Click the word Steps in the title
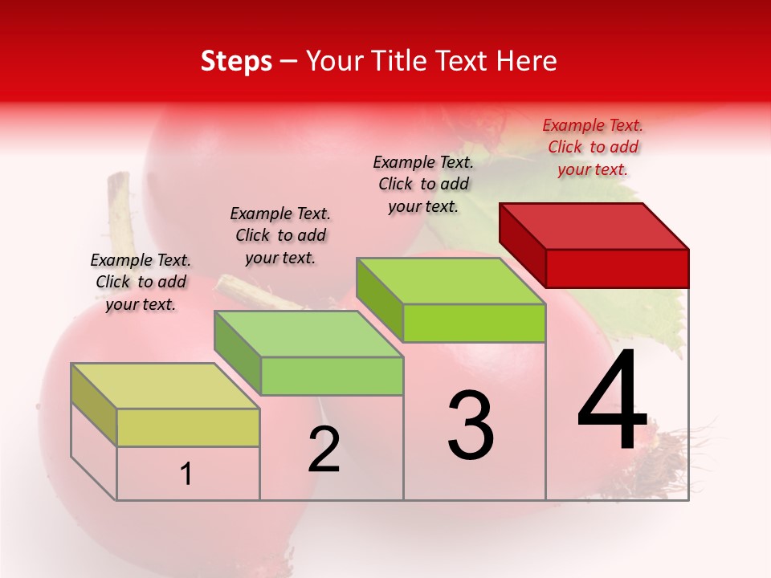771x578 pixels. click(x=236, y=62)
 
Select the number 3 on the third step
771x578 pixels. click(x=471, y=425)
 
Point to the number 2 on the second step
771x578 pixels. click(x=324, y=450)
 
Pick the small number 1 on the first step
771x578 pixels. click(x=186, y=474)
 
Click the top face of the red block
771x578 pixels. click(x=594, y=226)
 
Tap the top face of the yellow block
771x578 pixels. click(x=165, y=386)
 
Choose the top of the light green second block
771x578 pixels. click(x=308, y=334)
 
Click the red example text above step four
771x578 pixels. click(x=593, y=147)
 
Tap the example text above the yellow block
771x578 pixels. click(x=141, y=282)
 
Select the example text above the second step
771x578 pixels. click(x=280, y=235)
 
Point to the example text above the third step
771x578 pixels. click(x=423, y=184)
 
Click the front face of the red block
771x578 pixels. click(x=617, y=268)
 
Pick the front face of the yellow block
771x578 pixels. click(x=188, y=427)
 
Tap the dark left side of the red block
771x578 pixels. click(x=522, y=243)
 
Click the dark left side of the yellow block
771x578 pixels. click(x=94, y=405)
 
